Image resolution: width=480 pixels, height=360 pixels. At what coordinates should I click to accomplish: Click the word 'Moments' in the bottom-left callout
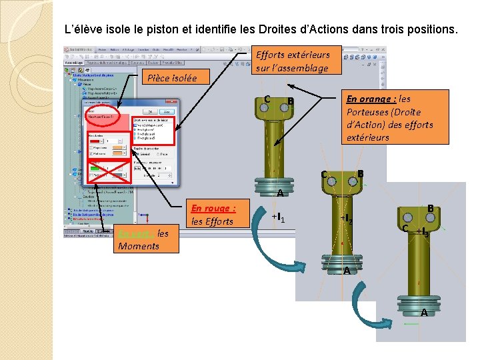138,246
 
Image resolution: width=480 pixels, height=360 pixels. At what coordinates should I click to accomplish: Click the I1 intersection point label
279,218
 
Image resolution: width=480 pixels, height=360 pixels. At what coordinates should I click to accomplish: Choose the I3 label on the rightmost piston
421,232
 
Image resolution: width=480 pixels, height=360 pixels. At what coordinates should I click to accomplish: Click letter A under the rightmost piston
424,313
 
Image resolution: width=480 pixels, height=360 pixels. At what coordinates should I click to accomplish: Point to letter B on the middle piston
360,174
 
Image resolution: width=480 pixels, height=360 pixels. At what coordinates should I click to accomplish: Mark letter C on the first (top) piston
267,100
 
